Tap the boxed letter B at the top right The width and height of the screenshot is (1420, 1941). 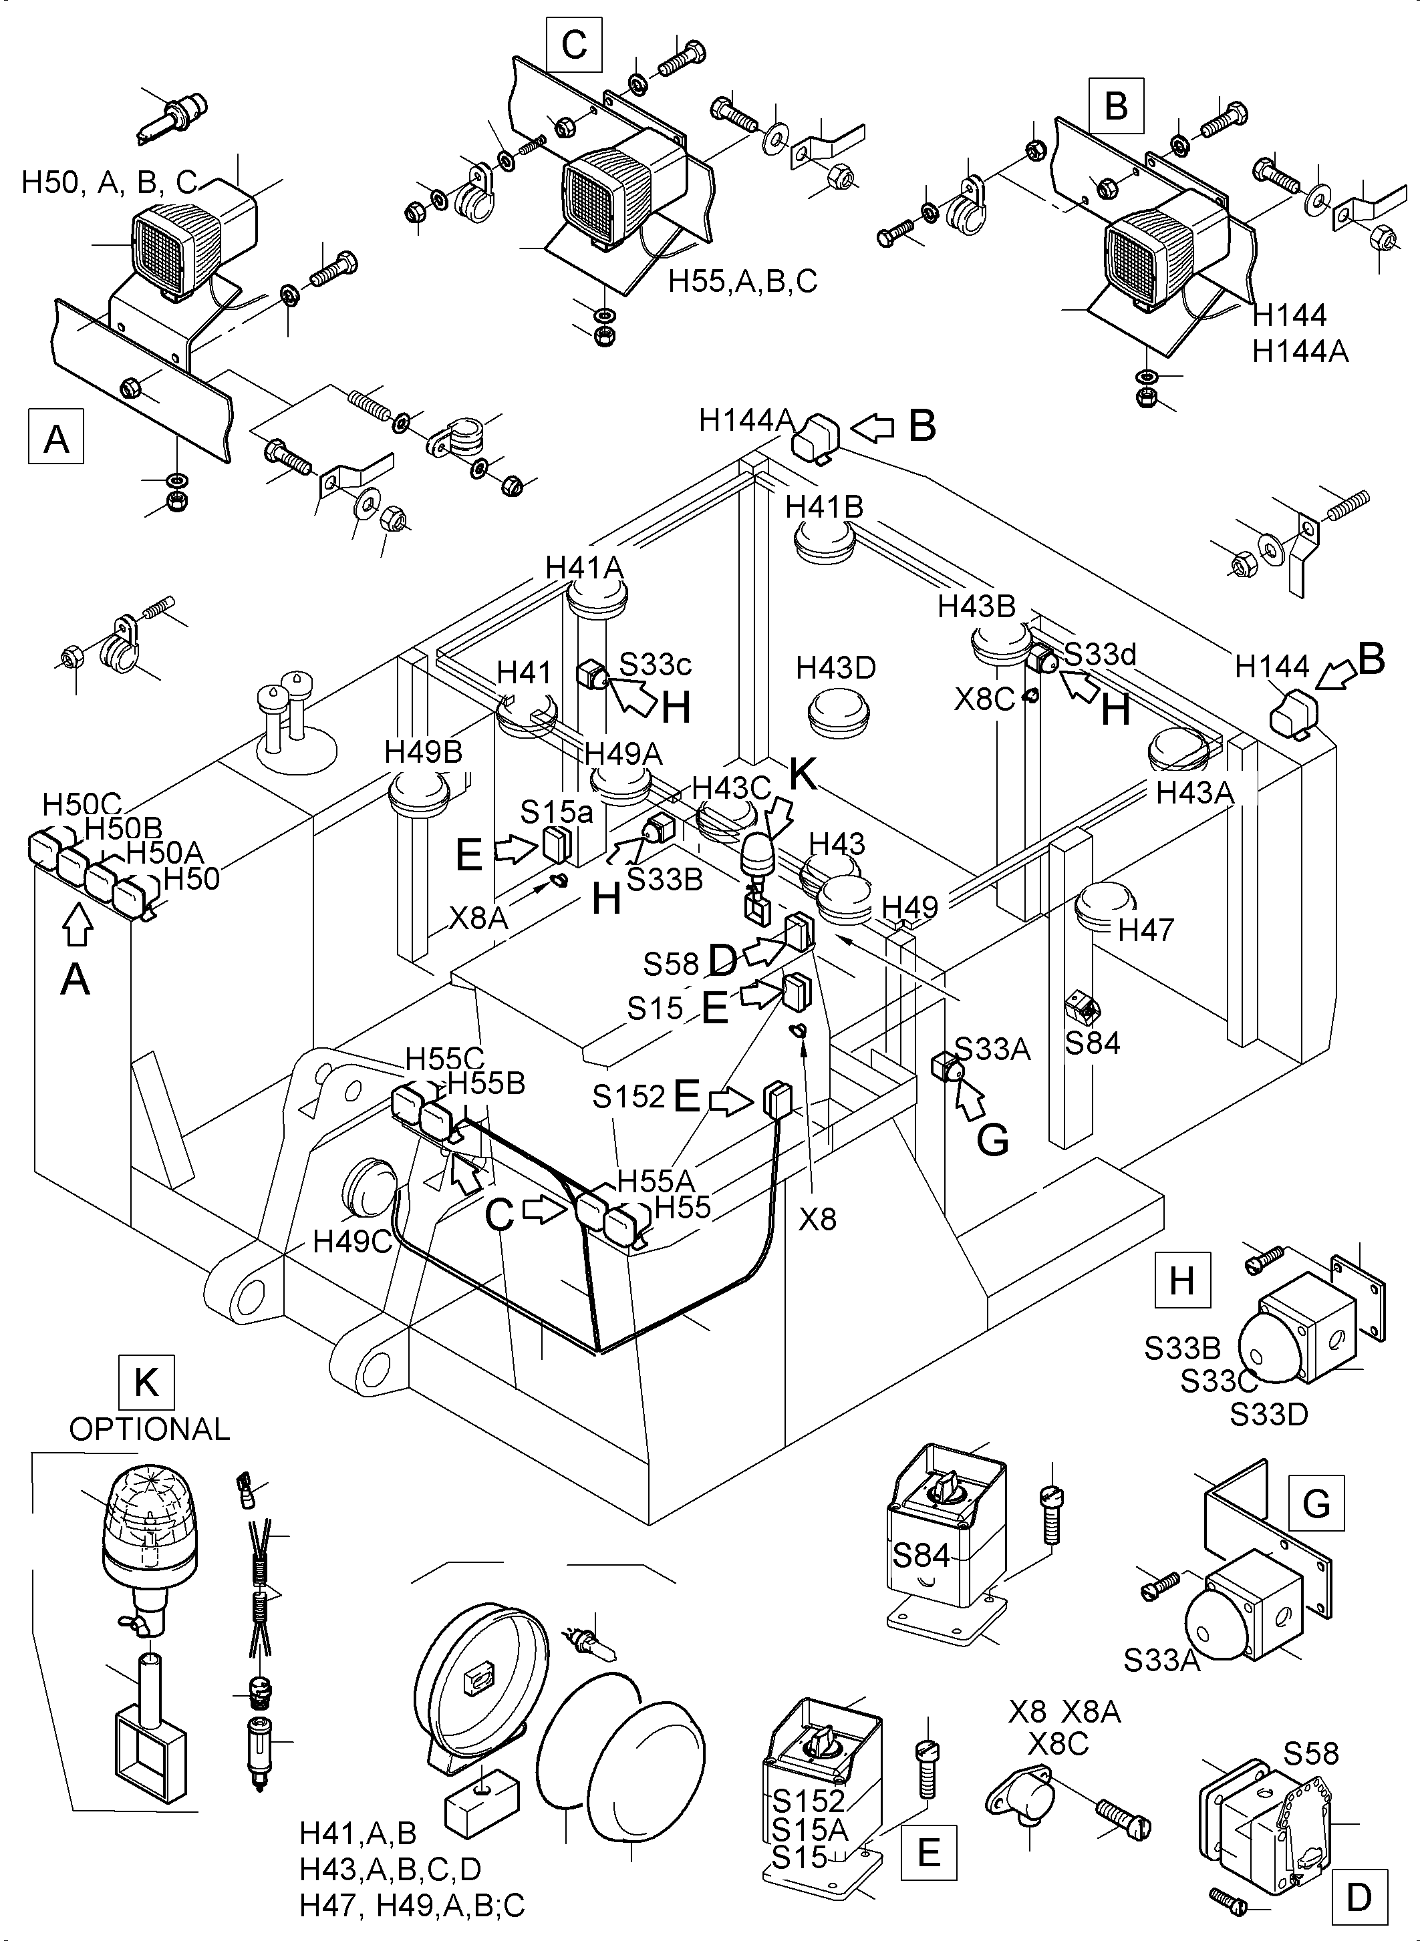point(1116,107)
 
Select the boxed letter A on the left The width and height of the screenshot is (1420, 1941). point(56,437)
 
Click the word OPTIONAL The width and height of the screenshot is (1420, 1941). point(149,1429)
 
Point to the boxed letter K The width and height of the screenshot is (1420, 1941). point(146,1383)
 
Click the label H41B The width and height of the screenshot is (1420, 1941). point(823,507)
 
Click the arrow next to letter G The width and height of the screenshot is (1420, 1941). point(972,1101)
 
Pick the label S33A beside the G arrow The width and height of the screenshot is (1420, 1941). point(993,1049)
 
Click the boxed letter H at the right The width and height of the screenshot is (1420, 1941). point(1182,1280)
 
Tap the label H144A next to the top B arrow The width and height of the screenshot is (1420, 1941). point(746,420)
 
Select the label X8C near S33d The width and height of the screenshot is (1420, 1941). point(985,699)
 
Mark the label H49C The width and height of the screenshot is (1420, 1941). point(352,1241)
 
